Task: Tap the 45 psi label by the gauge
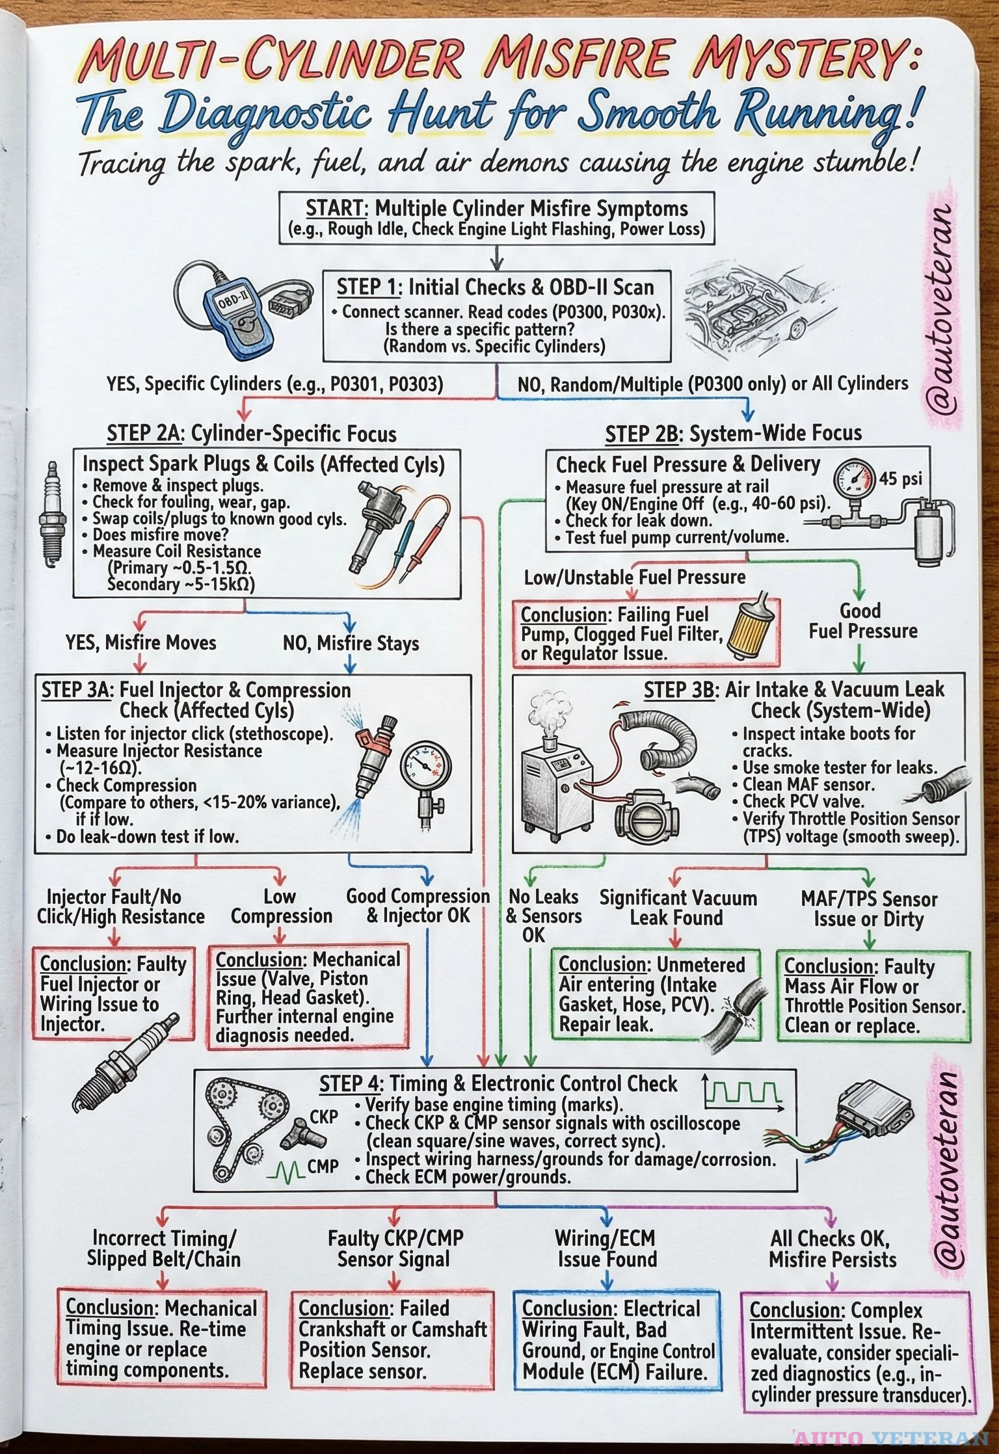point(901,479)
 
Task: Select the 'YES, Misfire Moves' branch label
point(140,643)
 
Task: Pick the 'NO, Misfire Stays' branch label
point(351,644)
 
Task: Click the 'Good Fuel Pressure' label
point(862,621)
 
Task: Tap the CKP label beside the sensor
point(323,1117)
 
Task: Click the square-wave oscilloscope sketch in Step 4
point(743,1092)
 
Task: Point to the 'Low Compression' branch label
point(281,906)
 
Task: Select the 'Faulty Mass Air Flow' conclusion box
point(873,996)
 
